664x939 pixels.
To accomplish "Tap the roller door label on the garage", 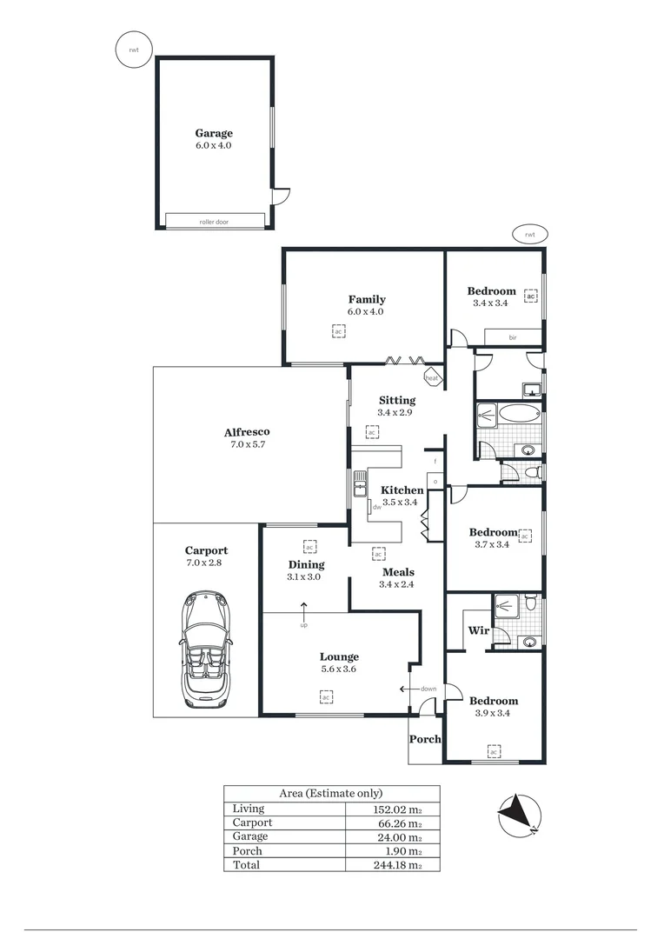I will [x=214, y=222].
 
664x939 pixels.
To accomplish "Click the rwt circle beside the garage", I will [x=133, y=50].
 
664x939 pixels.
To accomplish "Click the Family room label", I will [x=367, y=299].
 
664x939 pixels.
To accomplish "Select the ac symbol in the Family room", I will [x=339, y=330].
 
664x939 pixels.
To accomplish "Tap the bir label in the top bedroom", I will [x=513, y=337].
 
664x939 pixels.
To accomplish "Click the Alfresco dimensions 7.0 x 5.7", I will [x=247, y=444].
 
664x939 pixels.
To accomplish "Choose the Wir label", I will [x=477, y=630].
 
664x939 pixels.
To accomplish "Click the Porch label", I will [x=426, y=739].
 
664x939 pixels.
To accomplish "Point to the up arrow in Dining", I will [x=303, y=608].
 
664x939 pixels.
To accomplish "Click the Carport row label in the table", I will [x=252, y=822].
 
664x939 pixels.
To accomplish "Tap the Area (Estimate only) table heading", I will [x=331, y=793].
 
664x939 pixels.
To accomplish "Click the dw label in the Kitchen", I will [x=376, y=506].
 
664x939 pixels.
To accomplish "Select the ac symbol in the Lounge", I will [x=326, y=696].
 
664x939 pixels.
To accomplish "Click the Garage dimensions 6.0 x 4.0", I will [x=214, y=146].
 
